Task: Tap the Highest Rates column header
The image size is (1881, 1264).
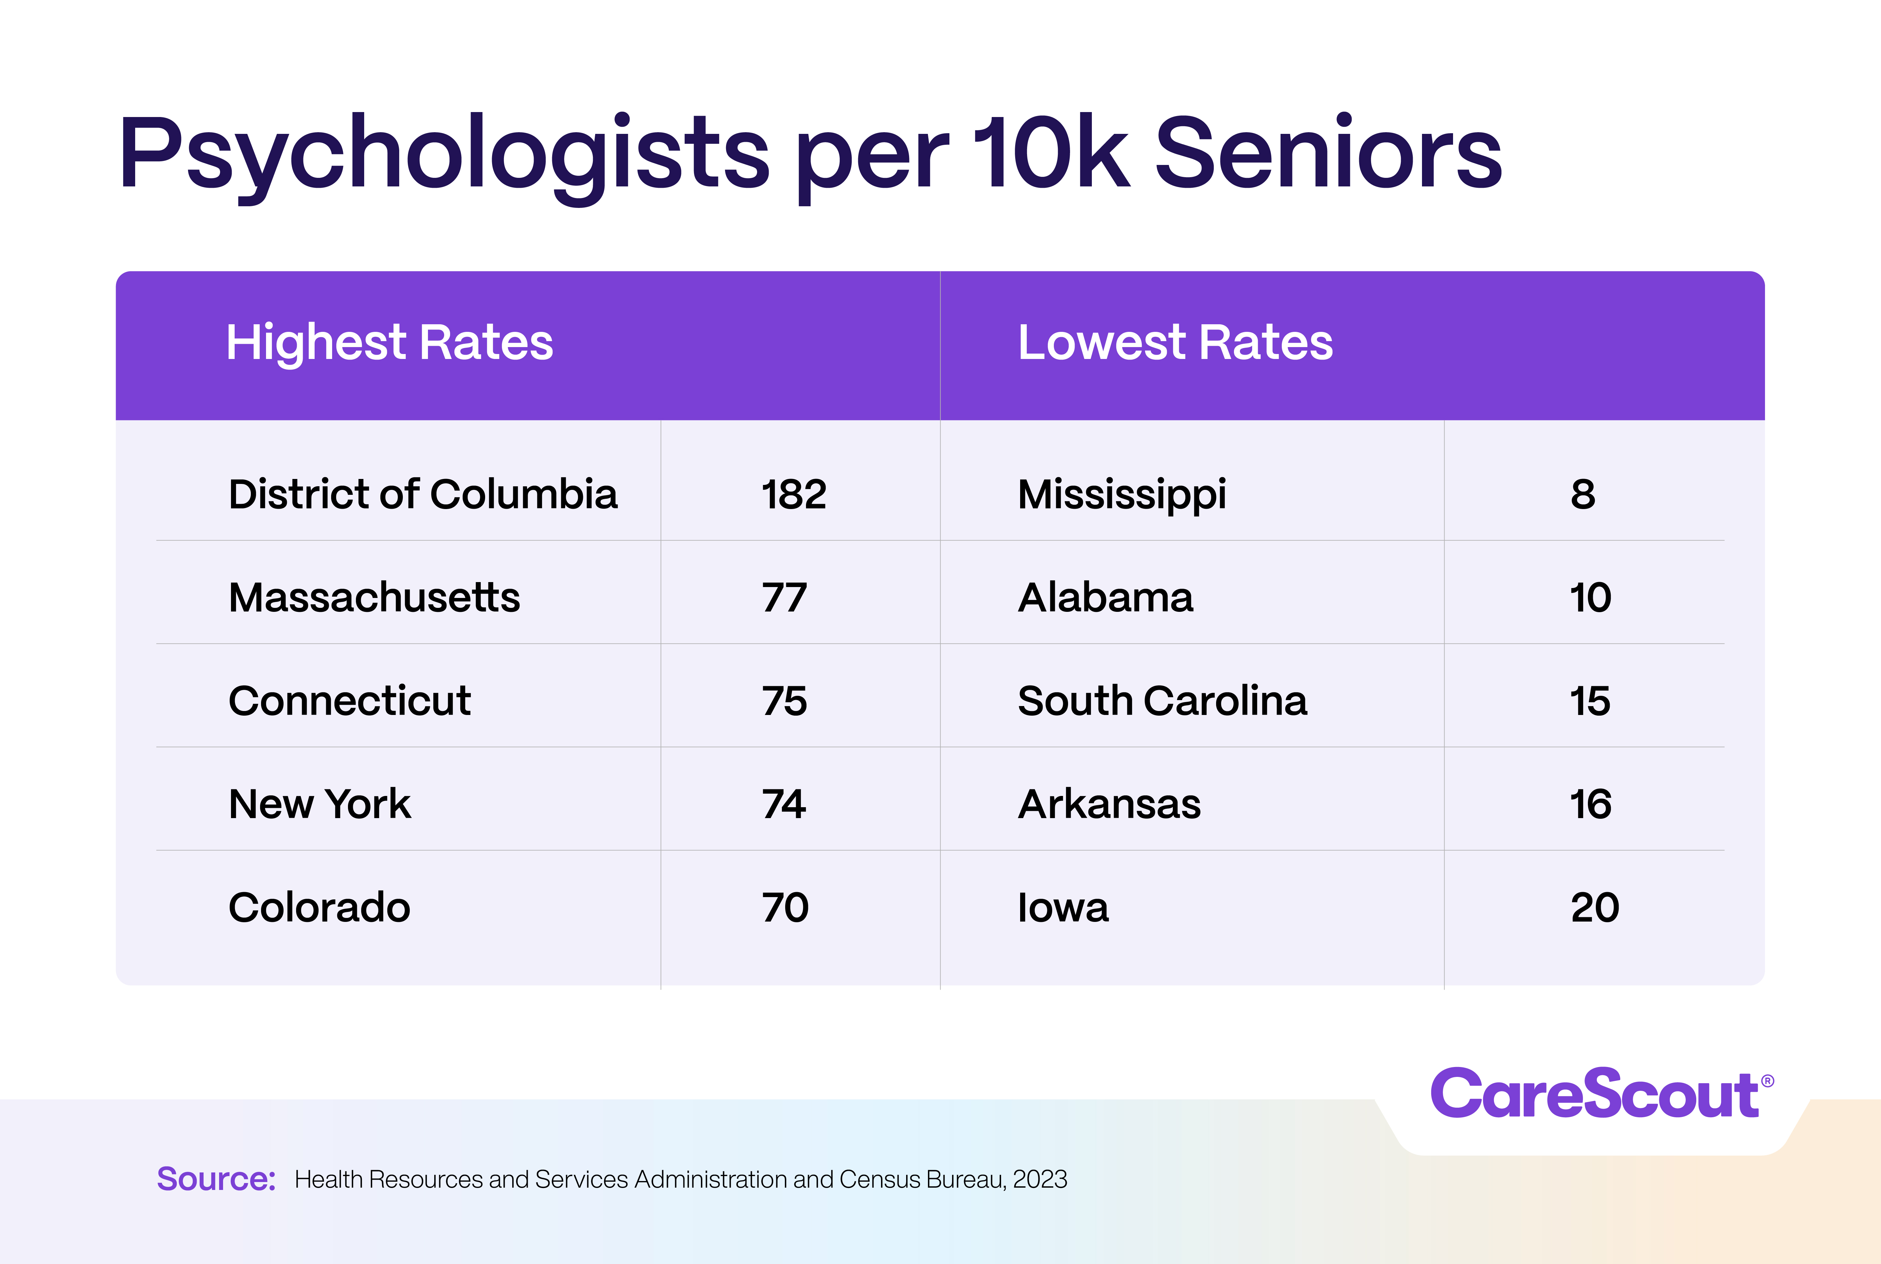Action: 389,342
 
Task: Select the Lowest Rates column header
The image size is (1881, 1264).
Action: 1175,342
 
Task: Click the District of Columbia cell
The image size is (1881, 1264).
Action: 423,494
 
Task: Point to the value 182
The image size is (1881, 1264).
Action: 794,494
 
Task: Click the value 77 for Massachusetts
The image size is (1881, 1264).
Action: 784,597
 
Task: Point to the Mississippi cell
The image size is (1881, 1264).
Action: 1122,494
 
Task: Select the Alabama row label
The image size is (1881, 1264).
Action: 1105,597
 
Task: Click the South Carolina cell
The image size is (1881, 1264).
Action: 1162,700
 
